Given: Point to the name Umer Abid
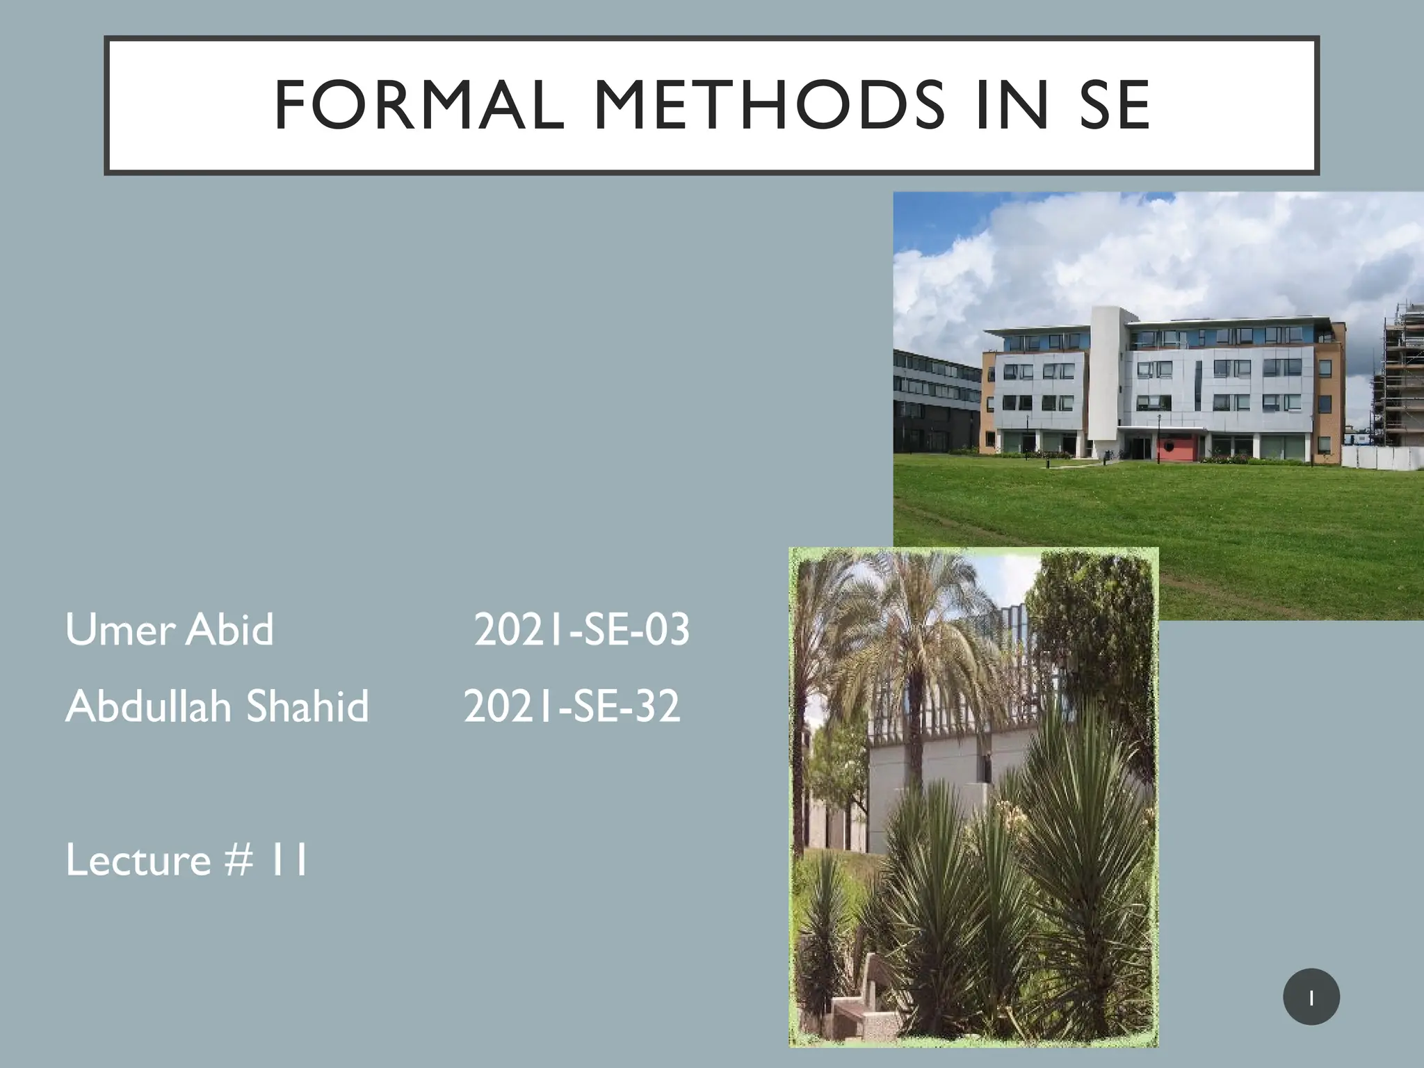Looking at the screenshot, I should pyautogui.click(x=170, y=629).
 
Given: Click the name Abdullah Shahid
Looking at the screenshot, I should pyautogui.click(x=217, y=706).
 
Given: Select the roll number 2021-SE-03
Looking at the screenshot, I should pyautogui.click(x=581, y=630).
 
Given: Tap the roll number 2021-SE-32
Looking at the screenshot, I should pyautogui.click(x=572, y=706).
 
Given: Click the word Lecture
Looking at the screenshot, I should pyautogui.click(x=138, y=860).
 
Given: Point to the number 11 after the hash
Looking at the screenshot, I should pyautogui.click(x=289, y=860).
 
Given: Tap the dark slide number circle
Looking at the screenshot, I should pyautogui.click(x=1311, y=996).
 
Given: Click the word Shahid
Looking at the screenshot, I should pyautogui.click(x=307, y=706).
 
